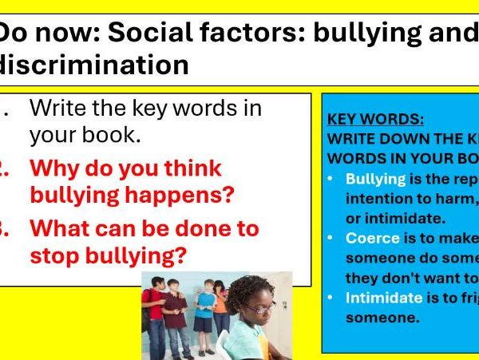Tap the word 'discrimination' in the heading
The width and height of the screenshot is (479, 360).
(95, 65)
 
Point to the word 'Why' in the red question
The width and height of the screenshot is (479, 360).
(57, 168)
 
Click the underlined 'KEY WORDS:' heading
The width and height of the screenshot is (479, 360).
(375, 120)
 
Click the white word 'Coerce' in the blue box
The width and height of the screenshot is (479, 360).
(373, 238)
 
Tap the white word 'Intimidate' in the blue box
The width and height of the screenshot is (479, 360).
(383, 297)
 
